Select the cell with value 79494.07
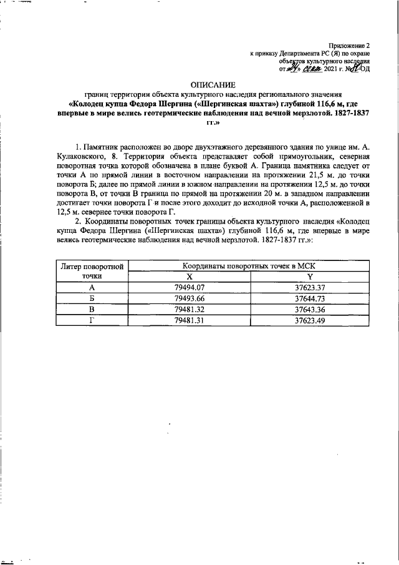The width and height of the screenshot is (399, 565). click(x=190, y=287)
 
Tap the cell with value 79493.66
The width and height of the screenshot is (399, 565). click(x=190, y=298)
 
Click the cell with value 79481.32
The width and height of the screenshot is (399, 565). click(x=190, y=309)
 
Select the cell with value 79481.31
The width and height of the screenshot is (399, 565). click(x=190, y=320)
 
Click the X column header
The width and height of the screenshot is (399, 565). click(x=190, y=277)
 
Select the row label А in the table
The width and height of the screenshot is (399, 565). click(x=92, y=287)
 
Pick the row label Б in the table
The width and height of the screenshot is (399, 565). click(x=92, y=298)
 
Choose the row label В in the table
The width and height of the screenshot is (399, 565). click(x=92, y=309)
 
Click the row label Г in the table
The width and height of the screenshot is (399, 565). click(x=92, y=320)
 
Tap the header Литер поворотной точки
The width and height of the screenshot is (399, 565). click(x=92, y=271)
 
